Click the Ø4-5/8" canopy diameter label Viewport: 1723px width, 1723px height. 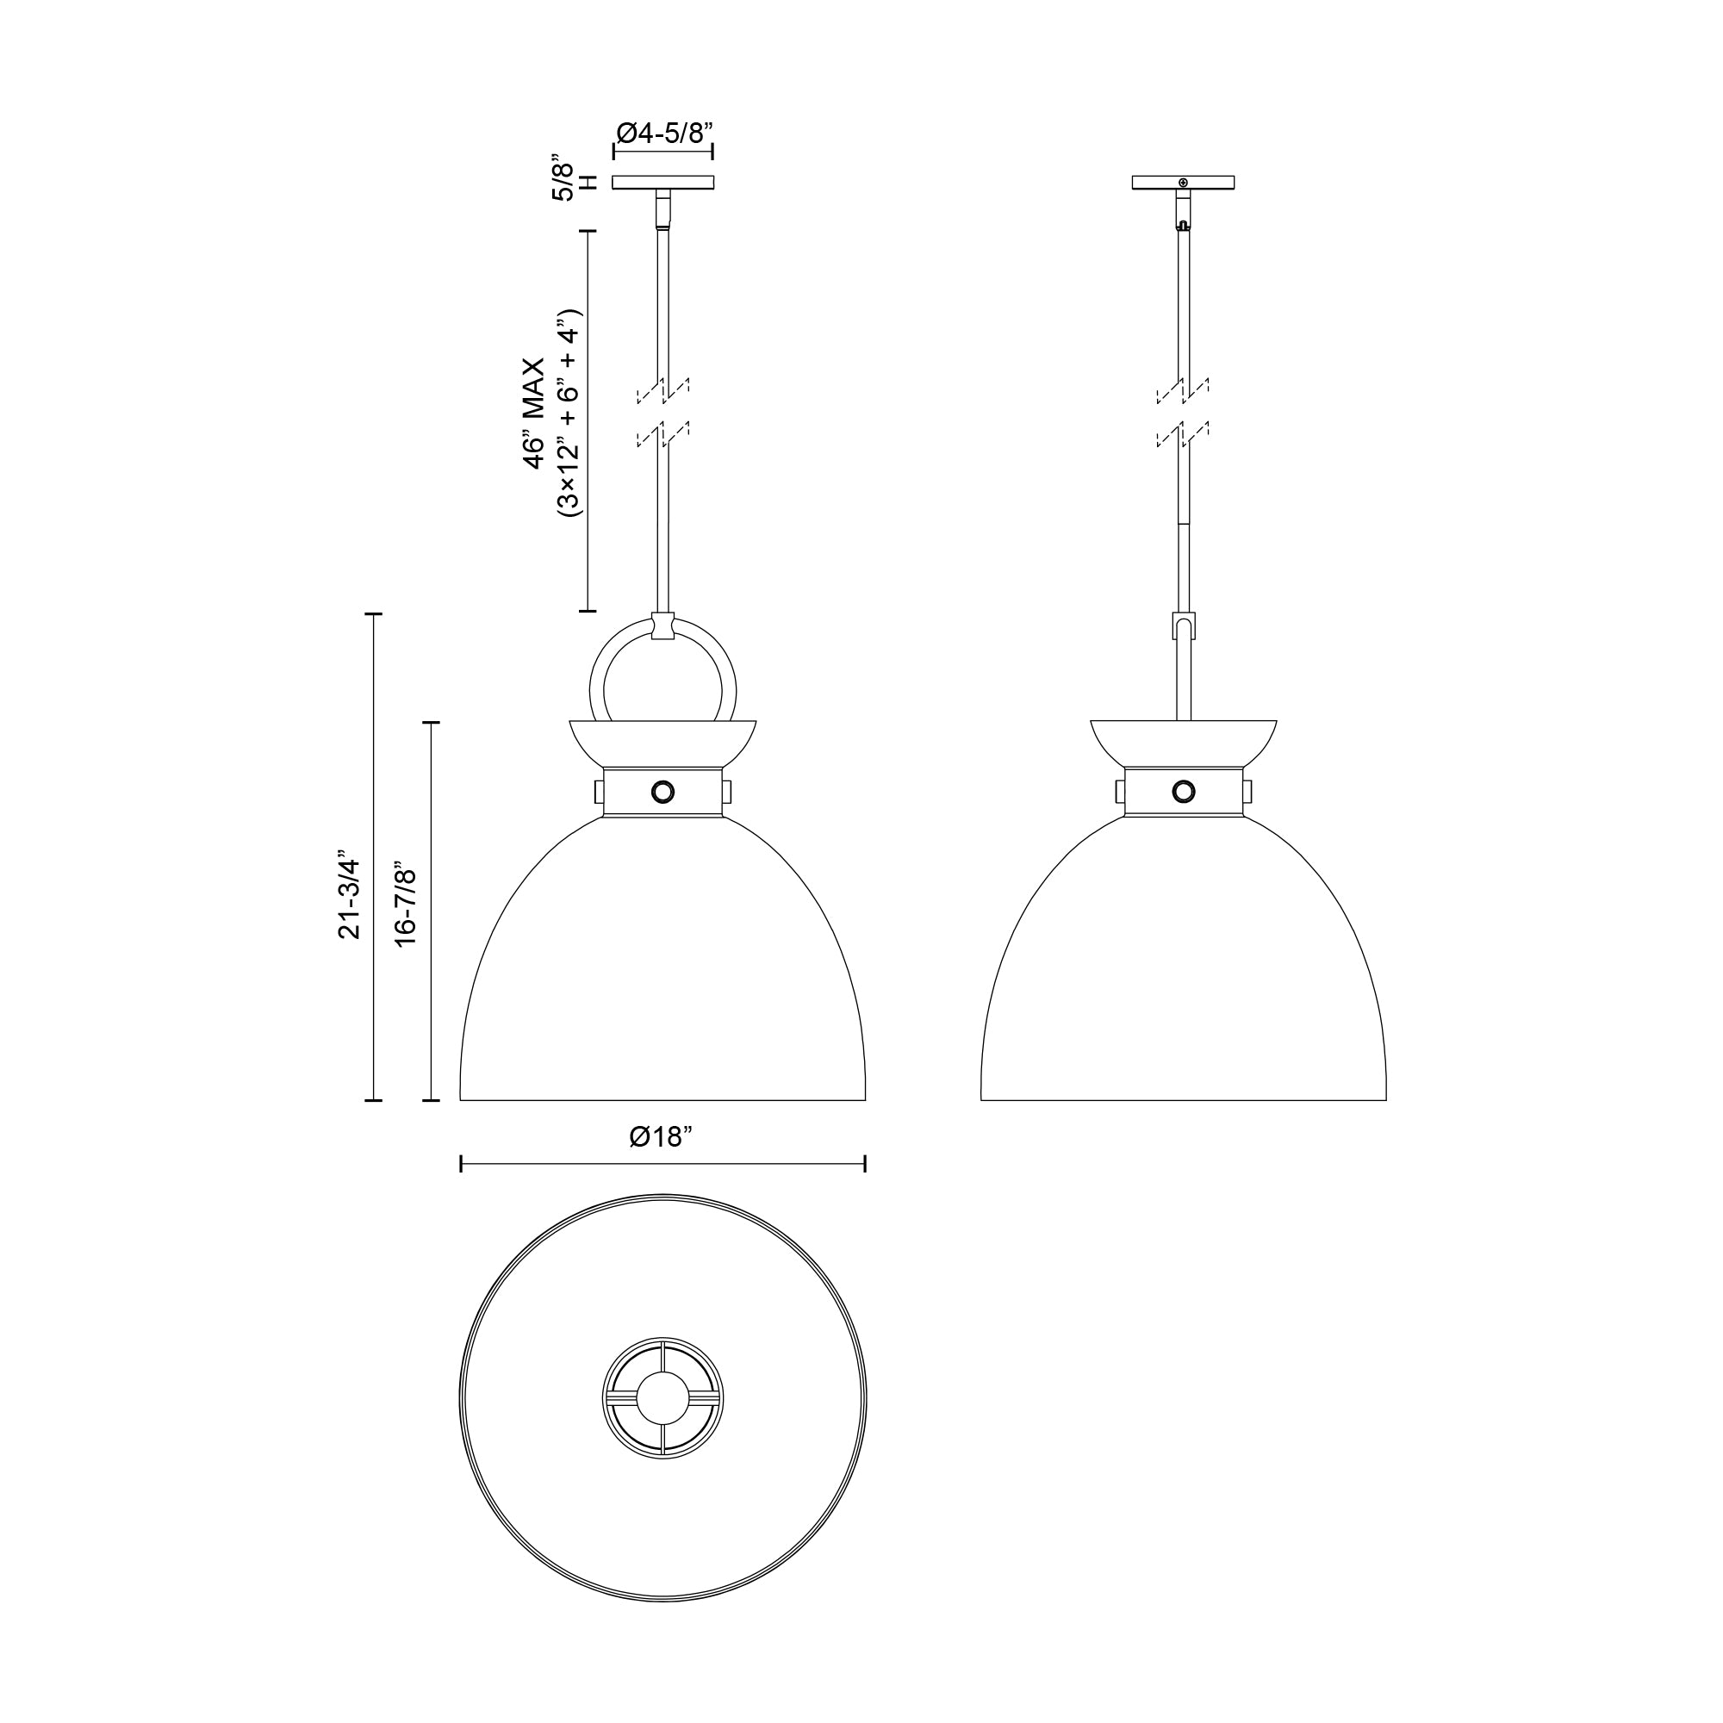point(664,134)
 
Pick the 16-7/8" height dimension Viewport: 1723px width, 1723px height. point(407,904)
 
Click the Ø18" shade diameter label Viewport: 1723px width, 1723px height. point(661,1137)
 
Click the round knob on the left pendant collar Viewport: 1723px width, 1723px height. point(662,790)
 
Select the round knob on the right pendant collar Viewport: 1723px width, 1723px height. point(1184,790)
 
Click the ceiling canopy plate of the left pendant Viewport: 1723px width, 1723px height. point(662,183)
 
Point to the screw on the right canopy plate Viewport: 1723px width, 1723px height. point(1184,183)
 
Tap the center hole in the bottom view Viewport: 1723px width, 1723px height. point(662,1397)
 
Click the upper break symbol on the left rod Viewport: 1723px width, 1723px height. point(662,389)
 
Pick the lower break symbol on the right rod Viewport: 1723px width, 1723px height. point(1184,436)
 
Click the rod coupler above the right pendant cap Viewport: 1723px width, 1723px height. point(1184,625)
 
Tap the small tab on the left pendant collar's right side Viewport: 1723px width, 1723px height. point(727,791)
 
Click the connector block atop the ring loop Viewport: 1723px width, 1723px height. point(662,626)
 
